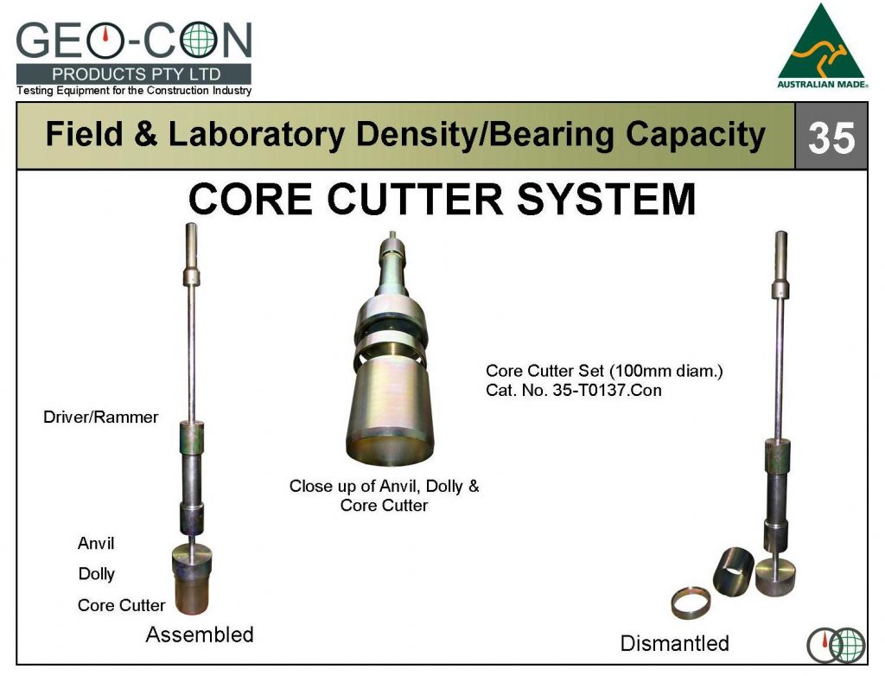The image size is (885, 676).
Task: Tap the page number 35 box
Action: (x=831, y=137)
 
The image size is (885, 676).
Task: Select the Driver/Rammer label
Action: (x=101, y=418)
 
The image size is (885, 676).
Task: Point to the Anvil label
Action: (x=96, y=544)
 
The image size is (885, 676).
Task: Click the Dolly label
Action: (x=97, y=574)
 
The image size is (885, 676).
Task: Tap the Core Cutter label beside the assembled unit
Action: (x=121, y=605)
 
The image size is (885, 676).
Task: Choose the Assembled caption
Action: (x=200, y=635)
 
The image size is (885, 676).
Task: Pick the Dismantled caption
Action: (x=674, y=643)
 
